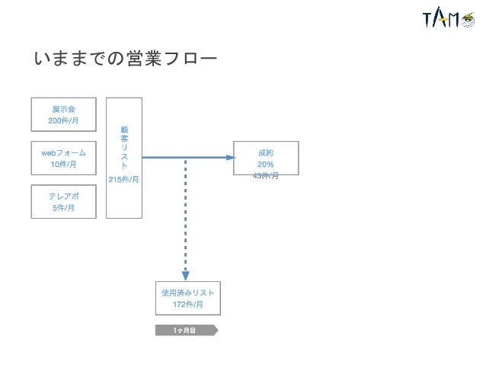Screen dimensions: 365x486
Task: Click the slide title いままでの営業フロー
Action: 126,59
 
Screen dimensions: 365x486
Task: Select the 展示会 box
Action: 63,114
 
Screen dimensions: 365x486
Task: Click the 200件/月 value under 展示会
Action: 63,120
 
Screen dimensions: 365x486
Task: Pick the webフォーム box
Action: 63,158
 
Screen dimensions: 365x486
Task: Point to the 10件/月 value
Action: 63,164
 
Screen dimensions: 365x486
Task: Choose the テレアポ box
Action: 63,201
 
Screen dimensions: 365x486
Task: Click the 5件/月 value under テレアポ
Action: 63,207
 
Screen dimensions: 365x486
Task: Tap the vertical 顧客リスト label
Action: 124,148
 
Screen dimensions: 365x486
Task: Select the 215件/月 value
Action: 124,180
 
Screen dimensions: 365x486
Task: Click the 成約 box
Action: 266,158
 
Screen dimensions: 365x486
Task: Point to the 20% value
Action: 266,165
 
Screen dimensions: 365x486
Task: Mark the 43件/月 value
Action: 266,176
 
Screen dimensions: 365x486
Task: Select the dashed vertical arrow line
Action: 186,213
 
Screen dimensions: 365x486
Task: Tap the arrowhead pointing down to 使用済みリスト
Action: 186,276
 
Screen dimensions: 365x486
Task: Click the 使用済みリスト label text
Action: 187,293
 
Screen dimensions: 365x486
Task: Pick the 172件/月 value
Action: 187,304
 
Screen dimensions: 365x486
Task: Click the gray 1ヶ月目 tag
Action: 186,330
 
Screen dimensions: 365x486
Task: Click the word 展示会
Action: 63,109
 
